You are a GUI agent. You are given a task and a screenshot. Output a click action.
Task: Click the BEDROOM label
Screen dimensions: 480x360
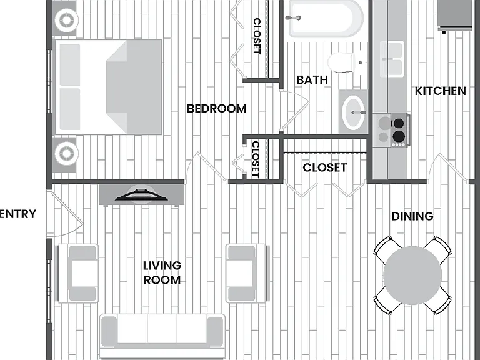216,109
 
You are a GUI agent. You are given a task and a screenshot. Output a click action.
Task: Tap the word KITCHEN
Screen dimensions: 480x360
440,91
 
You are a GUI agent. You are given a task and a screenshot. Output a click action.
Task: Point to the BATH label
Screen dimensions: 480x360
312,80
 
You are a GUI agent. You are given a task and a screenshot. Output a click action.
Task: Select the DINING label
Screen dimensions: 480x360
412,216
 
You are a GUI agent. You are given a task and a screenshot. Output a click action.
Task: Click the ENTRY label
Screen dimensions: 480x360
17,214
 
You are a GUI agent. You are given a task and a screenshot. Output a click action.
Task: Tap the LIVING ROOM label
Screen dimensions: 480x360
162,272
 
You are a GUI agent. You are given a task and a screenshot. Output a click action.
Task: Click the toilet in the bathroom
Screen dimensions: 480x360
341,62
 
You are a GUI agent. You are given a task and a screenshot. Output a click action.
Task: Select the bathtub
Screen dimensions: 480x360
326,18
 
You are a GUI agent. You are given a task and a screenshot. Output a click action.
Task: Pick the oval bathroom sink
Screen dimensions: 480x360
354,112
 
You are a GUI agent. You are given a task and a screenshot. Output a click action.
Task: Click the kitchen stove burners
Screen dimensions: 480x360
392,130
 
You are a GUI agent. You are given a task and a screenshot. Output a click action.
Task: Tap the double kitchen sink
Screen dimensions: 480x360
392,59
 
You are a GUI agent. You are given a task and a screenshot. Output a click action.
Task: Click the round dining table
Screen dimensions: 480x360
412,276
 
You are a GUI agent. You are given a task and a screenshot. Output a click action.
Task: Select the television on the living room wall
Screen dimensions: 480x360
141,195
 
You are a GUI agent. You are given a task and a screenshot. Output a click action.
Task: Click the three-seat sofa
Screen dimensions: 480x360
162,336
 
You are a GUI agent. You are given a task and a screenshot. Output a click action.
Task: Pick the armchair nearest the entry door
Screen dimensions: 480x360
77,273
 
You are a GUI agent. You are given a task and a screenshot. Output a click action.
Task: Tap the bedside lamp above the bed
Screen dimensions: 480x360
66,21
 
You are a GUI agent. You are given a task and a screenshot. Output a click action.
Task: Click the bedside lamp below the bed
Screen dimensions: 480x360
66,153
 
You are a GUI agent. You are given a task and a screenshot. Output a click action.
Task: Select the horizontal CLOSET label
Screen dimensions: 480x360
325,167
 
